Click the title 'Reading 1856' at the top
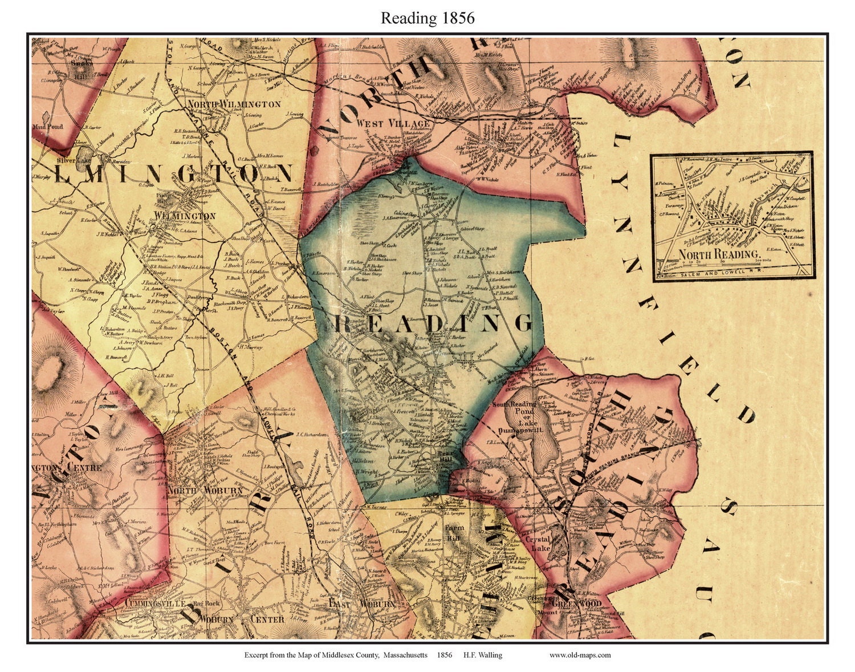(x=427, y=18)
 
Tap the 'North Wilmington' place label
(x=234, y=104)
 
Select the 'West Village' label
(x=385, y=123)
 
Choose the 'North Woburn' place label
(x=205, y=490)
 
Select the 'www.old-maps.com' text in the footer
(x=580, y=655)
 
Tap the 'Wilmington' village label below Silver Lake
(x=185, y=216)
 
